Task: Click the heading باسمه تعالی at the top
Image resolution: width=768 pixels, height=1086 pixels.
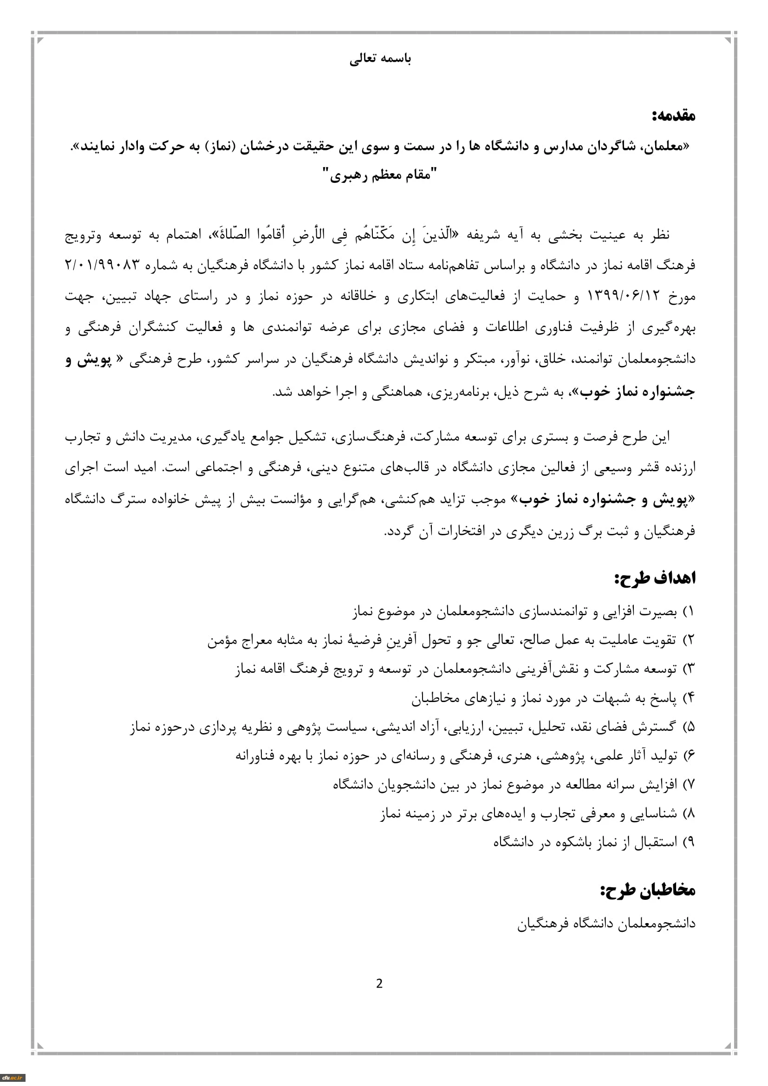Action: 380,59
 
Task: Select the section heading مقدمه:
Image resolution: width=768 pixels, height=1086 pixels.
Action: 673,116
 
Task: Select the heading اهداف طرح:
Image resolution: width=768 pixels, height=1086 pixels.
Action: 655,578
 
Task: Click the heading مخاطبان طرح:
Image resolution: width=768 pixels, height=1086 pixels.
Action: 648,891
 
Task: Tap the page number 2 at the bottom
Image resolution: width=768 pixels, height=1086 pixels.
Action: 379,984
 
